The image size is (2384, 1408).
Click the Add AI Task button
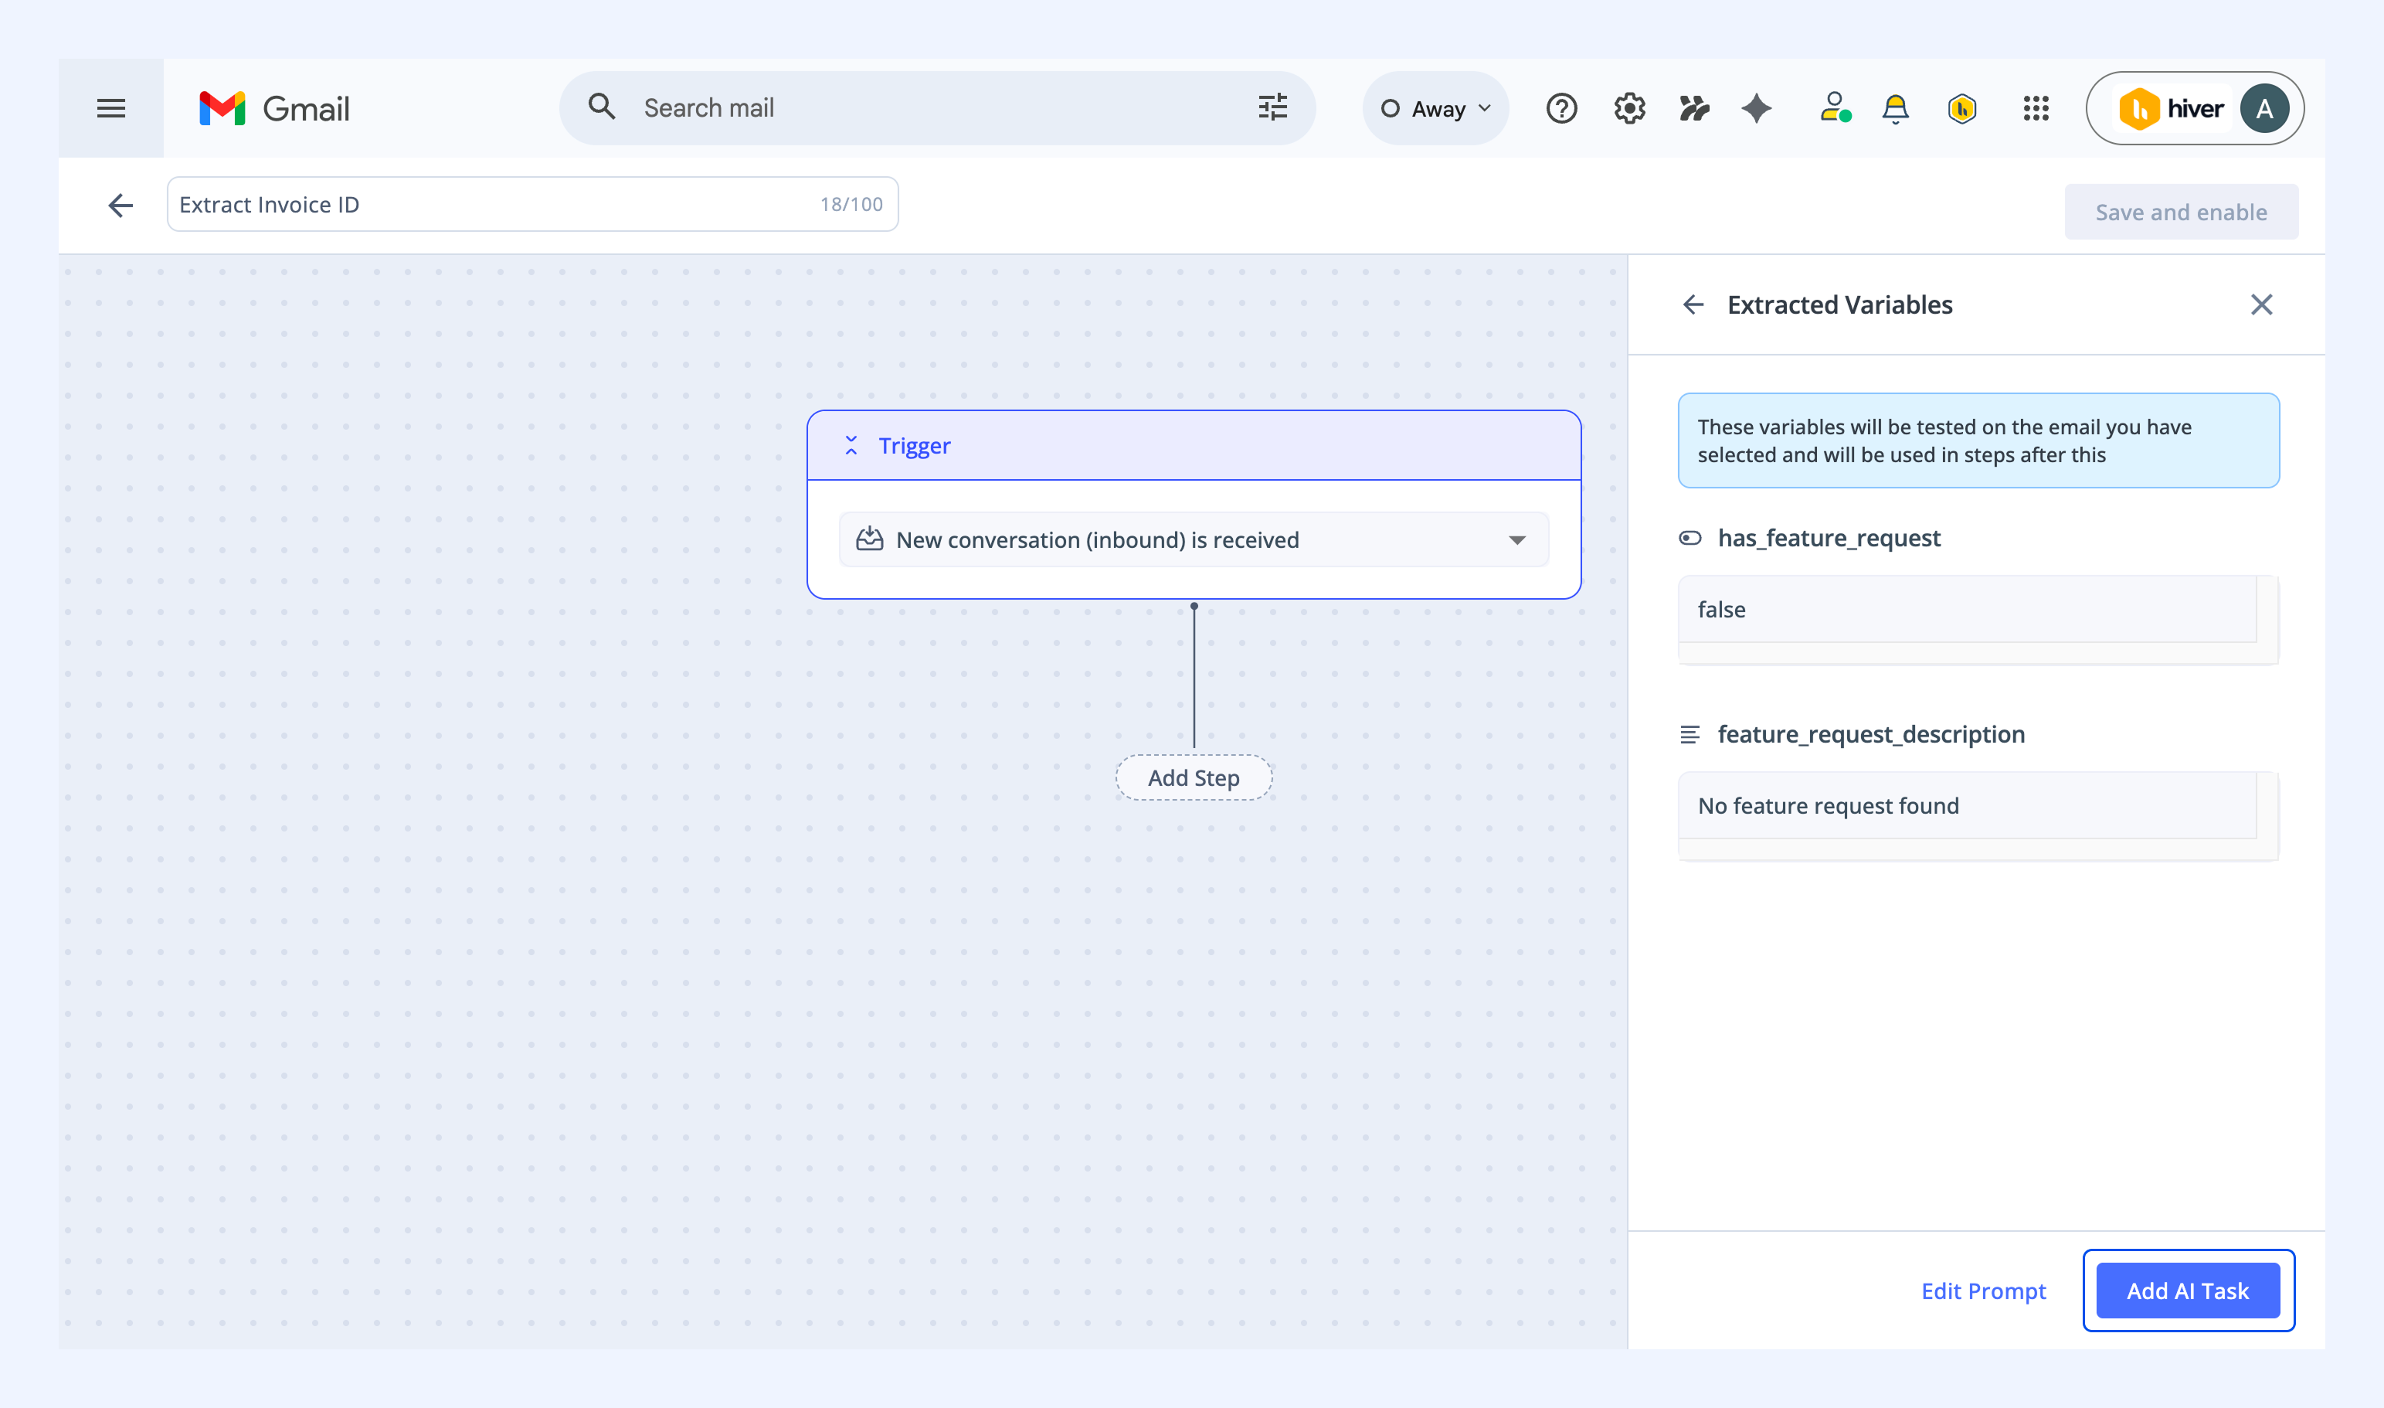point(2188,1291)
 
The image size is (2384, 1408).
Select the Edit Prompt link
point(1983,1291)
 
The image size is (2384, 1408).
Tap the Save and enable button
point(2181,212)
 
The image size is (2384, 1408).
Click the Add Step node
point(1194,778)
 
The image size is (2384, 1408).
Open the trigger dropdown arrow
point(1517,540)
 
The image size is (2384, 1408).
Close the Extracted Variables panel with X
point(2262,304)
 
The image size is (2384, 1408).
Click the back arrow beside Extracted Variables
point(1693,304)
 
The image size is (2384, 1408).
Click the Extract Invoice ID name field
point(533,204)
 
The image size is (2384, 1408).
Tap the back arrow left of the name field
point(121,205)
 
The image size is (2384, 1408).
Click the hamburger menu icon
point(111,108)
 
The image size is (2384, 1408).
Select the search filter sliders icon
point(1272,107)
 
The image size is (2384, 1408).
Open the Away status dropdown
point(1435,108)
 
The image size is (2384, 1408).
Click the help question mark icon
point(1562,108)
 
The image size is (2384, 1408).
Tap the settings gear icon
point(1629,108)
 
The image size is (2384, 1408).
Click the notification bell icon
point(1895,109)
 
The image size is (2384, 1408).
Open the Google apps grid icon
point(2036,108)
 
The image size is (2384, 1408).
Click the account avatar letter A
point(2264,108)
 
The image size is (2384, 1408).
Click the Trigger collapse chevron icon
point(851,445)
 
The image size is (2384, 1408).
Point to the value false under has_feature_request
point(1721,609)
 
